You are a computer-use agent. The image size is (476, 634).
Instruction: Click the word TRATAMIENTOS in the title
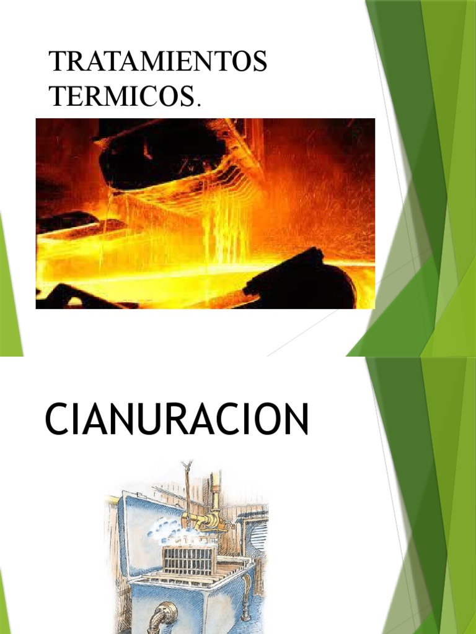pyautogui.click(x=158, y=63)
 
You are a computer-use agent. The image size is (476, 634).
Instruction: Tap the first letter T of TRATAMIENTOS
pyautogui.click(x=57, y=63)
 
